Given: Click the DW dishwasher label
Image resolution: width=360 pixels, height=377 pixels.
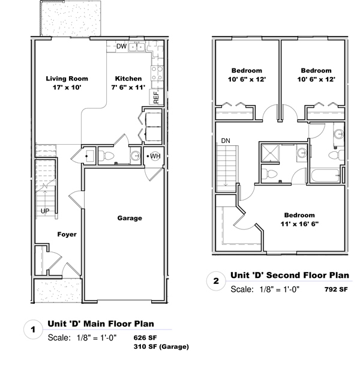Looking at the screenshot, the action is point(121,46).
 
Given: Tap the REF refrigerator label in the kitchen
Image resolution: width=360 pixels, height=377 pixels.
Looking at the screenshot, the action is point(156,97).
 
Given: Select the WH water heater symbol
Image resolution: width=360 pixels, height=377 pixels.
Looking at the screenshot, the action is point(155,156).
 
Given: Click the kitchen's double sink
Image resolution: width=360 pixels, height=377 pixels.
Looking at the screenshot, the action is point(136,47).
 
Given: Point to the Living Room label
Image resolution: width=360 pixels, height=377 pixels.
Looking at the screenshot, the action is point(67,79).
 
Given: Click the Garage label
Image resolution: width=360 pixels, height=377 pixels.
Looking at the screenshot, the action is point(130,218).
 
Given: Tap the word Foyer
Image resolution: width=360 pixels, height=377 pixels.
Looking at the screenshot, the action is point(67,234).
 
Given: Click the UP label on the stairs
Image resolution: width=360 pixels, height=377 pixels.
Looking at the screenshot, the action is point(45,211).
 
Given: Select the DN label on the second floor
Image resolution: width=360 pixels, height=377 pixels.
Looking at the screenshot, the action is point(226,140).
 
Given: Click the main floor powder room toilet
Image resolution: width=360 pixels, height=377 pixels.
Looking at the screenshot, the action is point(106,156).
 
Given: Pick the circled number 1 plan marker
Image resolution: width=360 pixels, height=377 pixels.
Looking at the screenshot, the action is point(33,330).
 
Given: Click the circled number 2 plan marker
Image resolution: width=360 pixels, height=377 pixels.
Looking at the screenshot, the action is point(216,281).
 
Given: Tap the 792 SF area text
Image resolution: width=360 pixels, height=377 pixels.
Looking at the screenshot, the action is point(336,289).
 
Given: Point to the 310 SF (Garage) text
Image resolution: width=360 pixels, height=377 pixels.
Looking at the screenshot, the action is point(161,347).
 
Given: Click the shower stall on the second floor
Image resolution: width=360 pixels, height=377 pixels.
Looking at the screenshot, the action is point(270,152).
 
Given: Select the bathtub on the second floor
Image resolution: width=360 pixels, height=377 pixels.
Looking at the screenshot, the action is point(325,176).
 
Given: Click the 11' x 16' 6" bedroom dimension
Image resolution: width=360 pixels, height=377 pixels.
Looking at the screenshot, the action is point(299,224).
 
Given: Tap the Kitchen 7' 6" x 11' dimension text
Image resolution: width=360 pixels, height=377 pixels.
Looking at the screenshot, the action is point(128,87).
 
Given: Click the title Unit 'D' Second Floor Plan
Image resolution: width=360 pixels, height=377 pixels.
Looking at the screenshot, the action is point(290,275).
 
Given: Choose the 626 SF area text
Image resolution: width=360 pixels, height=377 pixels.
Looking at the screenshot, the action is point(145,337).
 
